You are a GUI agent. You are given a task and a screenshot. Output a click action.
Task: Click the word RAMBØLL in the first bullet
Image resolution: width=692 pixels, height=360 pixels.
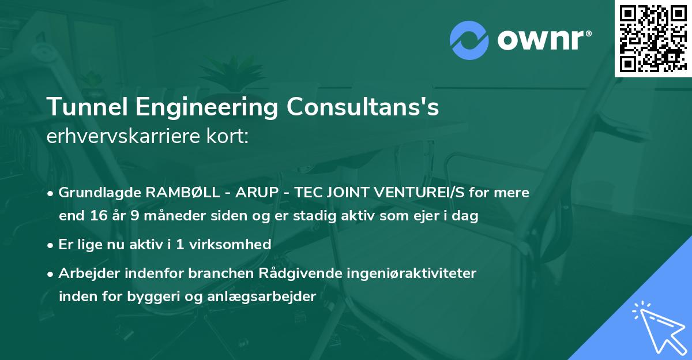pos(172,193)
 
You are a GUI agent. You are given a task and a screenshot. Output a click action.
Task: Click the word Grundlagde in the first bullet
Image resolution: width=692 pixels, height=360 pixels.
pos(94,193)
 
